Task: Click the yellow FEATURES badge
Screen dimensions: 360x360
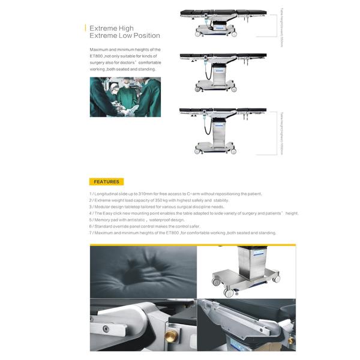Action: (x=106, y=181)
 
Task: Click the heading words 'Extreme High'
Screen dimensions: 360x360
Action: (x=112, y=28)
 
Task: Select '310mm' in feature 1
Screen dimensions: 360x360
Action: (x=146, y=194)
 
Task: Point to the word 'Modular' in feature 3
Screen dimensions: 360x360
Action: (x=102, y=206)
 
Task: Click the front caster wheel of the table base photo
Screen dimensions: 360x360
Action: (x=230, y=292)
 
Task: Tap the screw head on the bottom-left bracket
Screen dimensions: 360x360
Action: (x=106, y=328)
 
